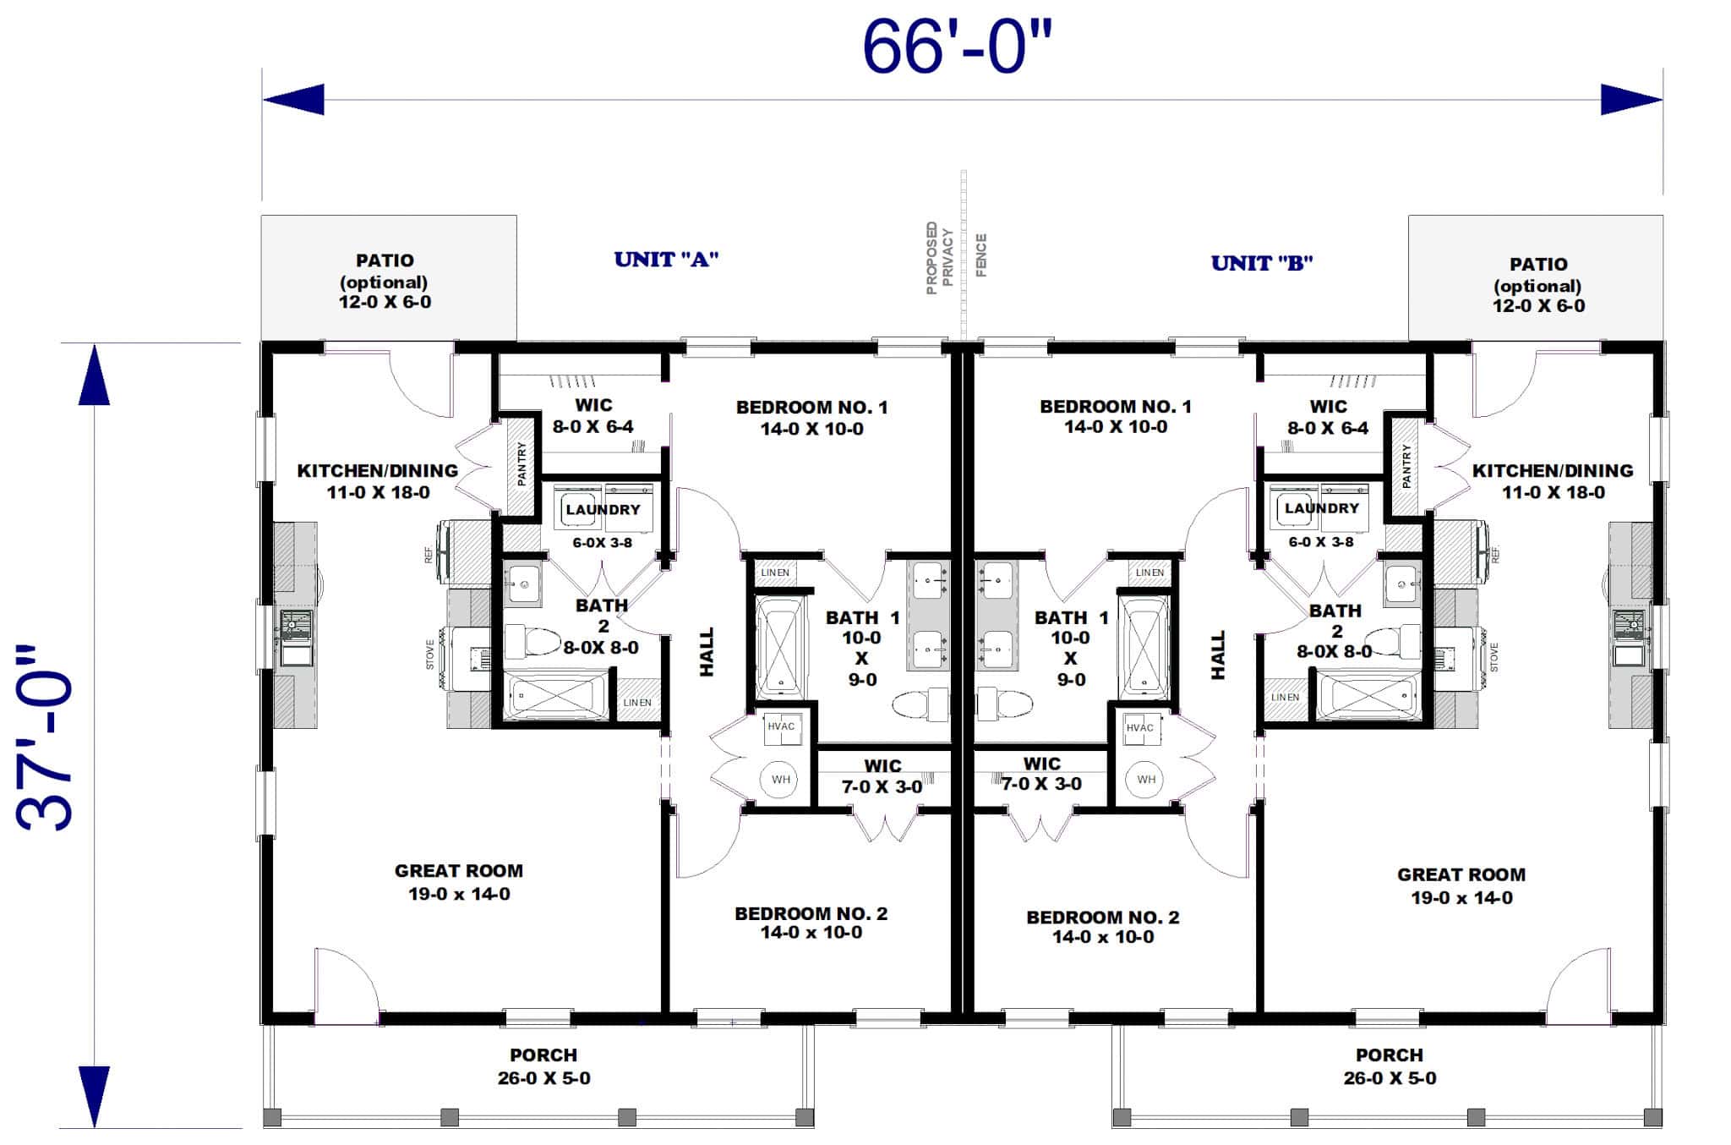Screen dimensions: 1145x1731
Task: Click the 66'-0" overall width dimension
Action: (957, 48)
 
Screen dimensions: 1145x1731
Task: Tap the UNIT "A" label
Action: (666, 260)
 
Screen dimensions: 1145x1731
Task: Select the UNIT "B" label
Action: (1261, 263)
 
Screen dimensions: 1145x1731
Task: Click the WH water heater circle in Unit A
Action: (779, 779)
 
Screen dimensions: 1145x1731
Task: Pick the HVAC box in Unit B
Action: (1139, 728)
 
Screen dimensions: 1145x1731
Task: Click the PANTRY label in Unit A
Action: (521, 463)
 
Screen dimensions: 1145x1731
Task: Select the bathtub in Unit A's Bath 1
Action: (780, 646)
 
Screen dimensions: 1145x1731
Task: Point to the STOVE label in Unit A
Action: (430, 655)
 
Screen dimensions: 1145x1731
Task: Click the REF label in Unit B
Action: (1495, 555)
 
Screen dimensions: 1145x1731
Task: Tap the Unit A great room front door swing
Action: (347, 985)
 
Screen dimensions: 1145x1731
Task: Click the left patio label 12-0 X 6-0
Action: (385, 302)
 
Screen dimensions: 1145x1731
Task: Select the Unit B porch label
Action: (1390, 1066)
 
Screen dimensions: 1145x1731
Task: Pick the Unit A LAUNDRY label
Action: (603, 509)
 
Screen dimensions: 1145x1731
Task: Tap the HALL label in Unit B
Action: (1217, 654)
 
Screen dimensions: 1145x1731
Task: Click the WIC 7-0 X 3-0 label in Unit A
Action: (882, 775)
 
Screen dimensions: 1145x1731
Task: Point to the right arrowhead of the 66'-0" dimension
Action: (1631, 100)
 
